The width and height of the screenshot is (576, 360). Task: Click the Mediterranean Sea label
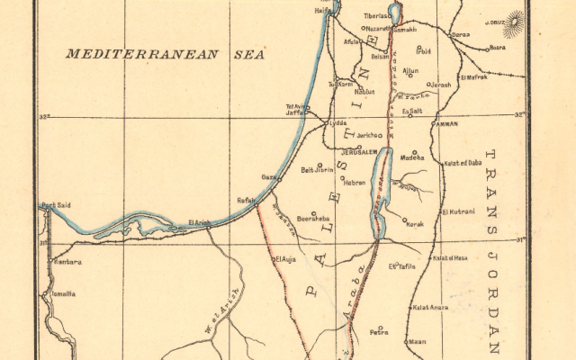click(166, 54)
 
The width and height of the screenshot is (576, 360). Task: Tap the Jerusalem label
click(356, 153)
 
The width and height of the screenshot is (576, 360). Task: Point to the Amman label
click(446, 124)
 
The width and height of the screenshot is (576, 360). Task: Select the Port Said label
click(56, 205)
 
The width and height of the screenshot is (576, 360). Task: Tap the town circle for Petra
click(380, 328)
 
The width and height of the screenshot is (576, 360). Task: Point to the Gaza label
click(268, 177)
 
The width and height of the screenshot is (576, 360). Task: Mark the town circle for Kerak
click(404, 220)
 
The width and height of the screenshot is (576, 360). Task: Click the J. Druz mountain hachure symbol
click(515, 20)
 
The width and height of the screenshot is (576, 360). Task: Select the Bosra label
click(497, 48)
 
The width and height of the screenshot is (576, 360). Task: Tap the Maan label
click(417, 342)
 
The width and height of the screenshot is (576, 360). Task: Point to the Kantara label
click(67, 263)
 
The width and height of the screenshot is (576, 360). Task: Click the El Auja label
click(285, 260)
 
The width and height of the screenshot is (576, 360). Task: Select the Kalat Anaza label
click(430, 308)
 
